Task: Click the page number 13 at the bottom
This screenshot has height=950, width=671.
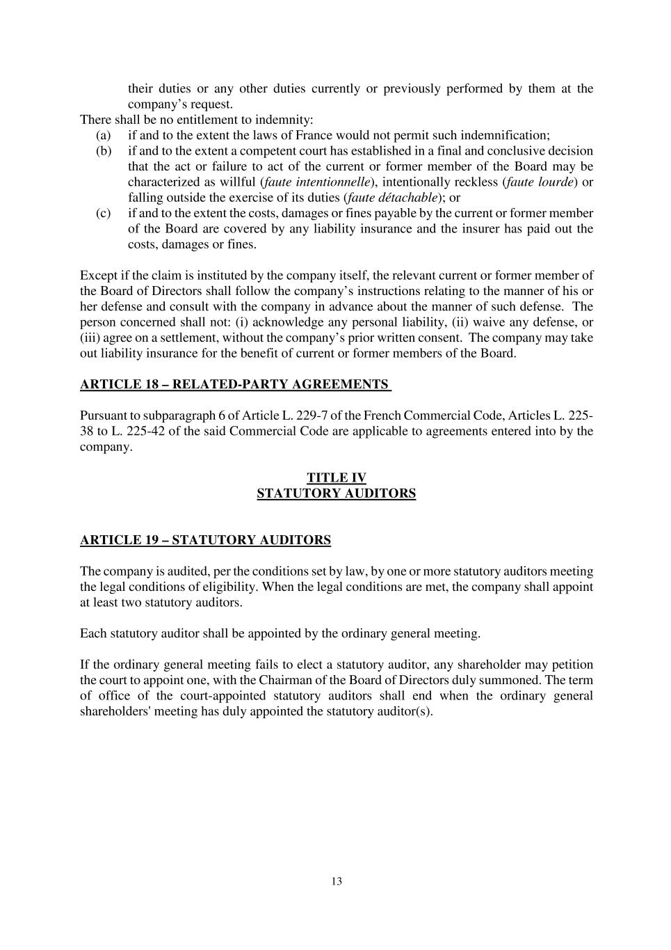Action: [x=337, y=881]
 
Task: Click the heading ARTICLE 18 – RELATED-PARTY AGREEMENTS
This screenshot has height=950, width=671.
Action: [x=234, y=384]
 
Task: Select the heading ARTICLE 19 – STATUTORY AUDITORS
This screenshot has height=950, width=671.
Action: [x=205, y=540]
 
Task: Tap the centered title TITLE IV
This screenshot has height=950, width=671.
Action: [x=337, y=477]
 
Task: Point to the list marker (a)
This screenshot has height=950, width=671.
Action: [x=103, y=135]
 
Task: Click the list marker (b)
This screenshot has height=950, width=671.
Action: [x=103, y=151]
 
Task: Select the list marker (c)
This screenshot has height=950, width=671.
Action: [x=103, y=213]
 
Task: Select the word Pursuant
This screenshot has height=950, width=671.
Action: [x=104, y=415]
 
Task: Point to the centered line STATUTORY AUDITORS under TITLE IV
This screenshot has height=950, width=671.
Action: [x=337, y=493]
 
